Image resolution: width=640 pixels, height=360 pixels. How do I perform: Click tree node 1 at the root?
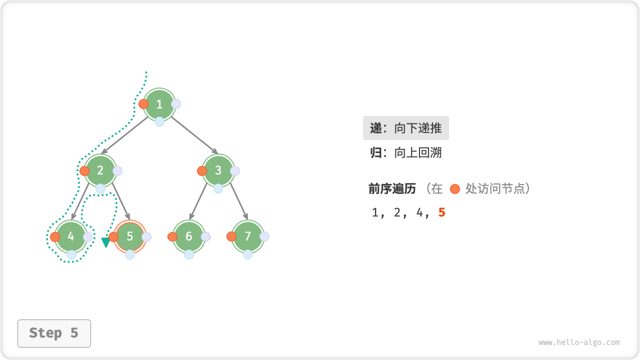click(x=159, y=104)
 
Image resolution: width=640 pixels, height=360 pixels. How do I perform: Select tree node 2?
click(x=100, y=170)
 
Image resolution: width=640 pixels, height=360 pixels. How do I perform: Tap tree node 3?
click(x=218, y=170)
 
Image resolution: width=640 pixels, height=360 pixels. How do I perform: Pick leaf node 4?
click(x=71, y=236)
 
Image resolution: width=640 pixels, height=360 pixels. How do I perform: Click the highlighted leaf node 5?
click(x=130, y=236)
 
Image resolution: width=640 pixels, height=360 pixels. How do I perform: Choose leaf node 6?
click(x=189, y=236)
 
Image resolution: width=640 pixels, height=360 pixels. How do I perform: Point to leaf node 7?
click(x=248, y=236)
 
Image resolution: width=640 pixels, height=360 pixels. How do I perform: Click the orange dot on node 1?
click(x=143, y=104)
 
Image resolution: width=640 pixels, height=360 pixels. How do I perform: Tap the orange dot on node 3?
click(x=202, y=171)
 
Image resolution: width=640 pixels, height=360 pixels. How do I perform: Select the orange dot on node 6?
click(x=172, y=237)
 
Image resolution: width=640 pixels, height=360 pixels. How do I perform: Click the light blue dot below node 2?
click(x=100, y=188)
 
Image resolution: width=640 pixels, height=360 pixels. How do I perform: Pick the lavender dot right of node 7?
click(x=264, y=236)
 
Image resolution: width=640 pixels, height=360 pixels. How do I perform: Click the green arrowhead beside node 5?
click(x=105, y=242)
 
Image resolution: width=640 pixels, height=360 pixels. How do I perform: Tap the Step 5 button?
click(x=54, y=333)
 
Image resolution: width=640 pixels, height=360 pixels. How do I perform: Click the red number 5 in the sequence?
click(x=441, y=212)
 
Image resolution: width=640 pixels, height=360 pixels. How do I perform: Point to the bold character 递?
click(x=376, y=128)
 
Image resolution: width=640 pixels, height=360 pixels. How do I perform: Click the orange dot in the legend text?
click(x=454, y=189)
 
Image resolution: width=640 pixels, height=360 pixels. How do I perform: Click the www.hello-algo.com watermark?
click(x=579, y=342)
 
